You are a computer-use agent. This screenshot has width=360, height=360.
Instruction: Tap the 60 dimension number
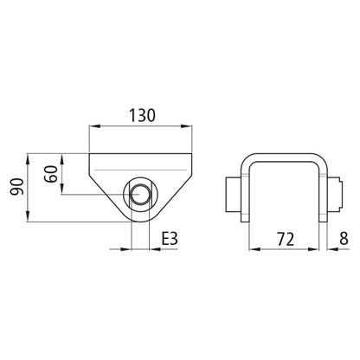coord(53,173)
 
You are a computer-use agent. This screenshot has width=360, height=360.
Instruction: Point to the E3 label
coord(170,236)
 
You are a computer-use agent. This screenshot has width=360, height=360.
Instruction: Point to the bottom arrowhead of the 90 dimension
coord(30,219)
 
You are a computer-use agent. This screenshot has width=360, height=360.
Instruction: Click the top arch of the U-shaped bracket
coord(283,157)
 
